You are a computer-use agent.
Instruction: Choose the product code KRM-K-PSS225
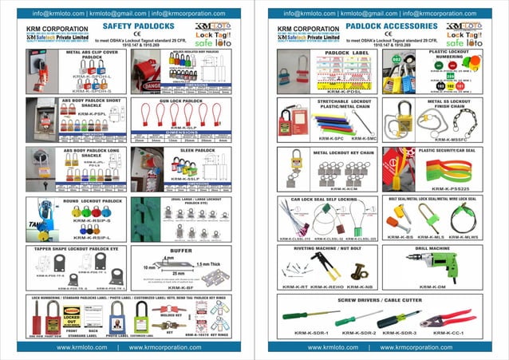click(444, 187)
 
